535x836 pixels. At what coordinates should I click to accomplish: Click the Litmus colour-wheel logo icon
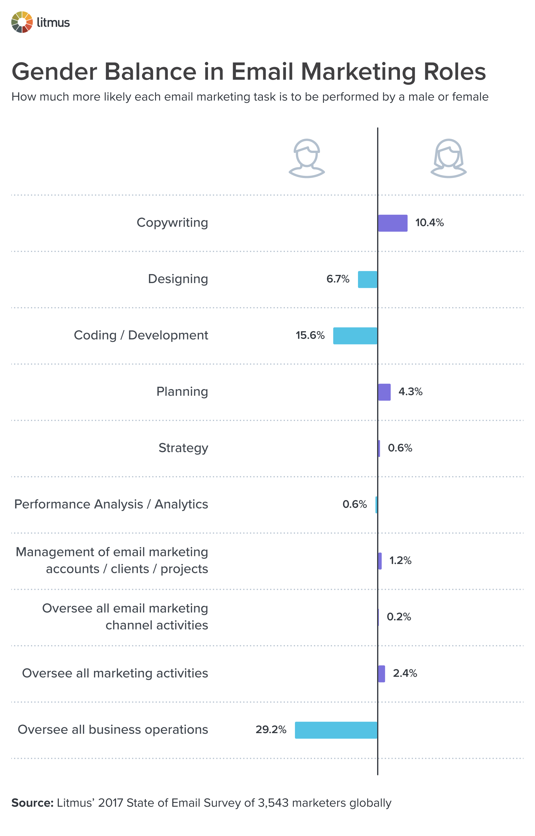[22, 22]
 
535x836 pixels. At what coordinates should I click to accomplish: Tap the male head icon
[306, 159]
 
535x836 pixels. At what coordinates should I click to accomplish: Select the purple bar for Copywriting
[393, 223]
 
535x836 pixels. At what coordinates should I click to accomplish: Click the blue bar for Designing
[367, 279]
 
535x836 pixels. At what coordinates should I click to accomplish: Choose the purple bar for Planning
[384, 392]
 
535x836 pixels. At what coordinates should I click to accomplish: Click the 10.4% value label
[429, 223]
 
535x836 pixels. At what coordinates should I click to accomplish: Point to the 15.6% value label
[310, 335]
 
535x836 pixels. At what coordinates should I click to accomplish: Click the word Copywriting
[172, 223]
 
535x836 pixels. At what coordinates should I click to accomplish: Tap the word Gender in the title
[55, 72]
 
